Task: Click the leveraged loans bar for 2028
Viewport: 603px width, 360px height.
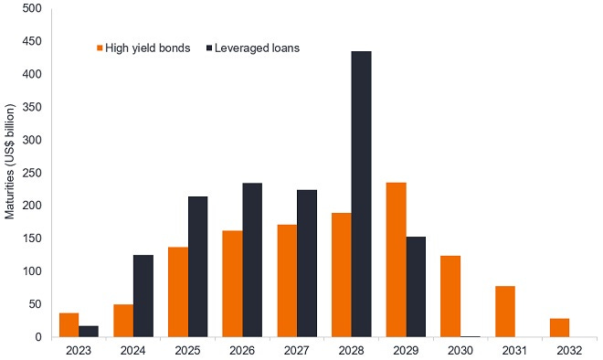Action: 361,194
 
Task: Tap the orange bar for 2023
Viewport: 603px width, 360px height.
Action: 69,324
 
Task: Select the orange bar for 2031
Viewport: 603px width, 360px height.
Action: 504,312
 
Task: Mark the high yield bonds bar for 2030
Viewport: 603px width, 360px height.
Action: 450,296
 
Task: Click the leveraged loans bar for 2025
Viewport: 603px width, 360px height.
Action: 197,266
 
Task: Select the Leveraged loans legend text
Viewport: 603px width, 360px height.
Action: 258,48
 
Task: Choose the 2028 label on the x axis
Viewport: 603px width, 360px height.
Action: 351,348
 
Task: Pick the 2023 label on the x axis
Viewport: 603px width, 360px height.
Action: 79,348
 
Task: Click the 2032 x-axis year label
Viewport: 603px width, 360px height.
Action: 568,348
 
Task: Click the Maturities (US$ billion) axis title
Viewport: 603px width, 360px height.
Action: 10,173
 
